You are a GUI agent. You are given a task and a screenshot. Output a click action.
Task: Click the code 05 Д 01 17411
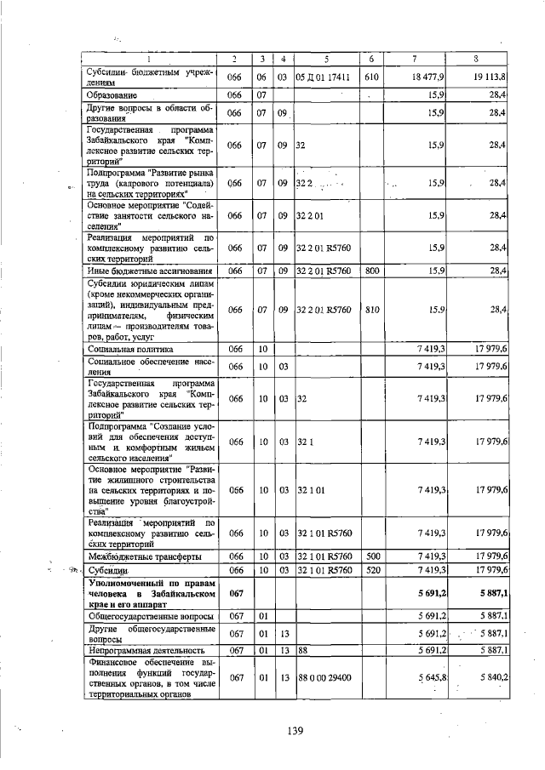click(x=324, y=77)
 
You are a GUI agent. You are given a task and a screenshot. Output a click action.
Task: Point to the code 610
click(x=371, y=77)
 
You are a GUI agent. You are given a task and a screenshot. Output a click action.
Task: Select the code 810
click(x=371, y=309)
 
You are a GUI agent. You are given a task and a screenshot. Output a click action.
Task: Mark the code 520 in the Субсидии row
click(x=371, y=569)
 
